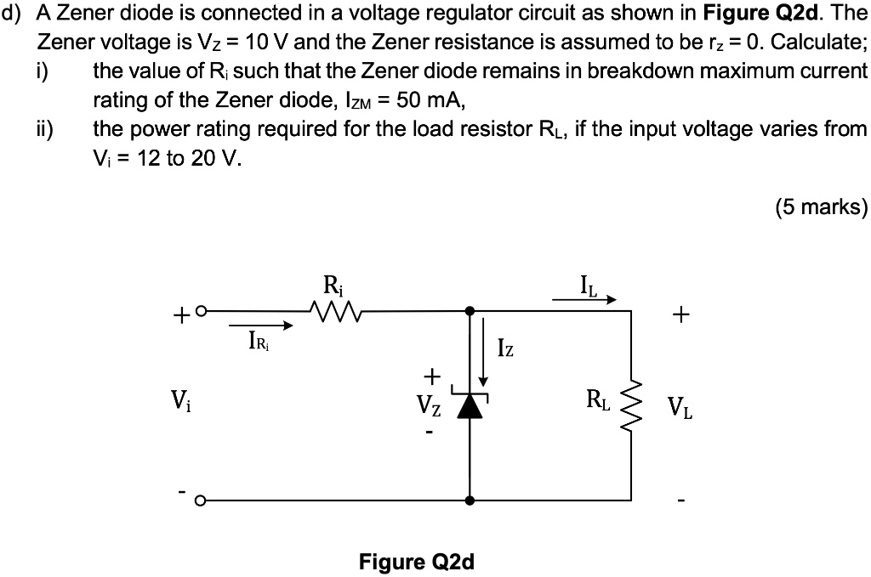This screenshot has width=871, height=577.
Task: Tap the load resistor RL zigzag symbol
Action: (x=630, y=405)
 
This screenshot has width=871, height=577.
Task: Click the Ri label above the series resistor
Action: (x=330, y=284)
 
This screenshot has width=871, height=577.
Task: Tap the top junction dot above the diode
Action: (x=469, y=312)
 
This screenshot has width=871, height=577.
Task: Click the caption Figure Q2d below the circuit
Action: (x=417, y=562)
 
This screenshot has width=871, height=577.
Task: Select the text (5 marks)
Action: (x=821, y=207)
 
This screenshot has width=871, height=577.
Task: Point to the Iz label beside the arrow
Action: (x=506, y=348)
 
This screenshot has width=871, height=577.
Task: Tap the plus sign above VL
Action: (x=679, y=316)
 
